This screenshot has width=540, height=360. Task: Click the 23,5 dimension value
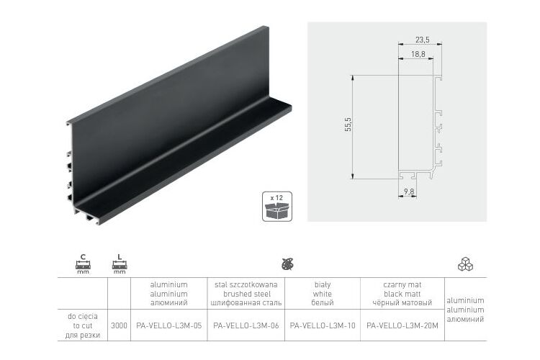(422, 40)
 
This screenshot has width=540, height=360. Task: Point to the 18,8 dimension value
(418, 54)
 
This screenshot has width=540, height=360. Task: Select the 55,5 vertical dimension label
(348, 125)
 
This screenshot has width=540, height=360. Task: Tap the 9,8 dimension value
(409, 192)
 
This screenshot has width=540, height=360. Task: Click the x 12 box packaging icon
(277, 207)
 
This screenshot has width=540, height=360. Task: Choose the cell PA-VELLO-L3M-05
(168, 325)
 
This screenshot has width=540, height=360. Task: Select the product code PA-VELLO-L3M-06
(246, 325)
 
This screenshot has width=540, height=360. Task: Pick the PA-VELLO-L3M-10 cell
(323, 325)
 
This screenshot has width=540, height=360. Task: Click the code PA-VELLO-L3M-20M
(402, 325)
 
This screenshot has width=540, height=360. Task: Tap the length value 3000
(119, 325)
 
